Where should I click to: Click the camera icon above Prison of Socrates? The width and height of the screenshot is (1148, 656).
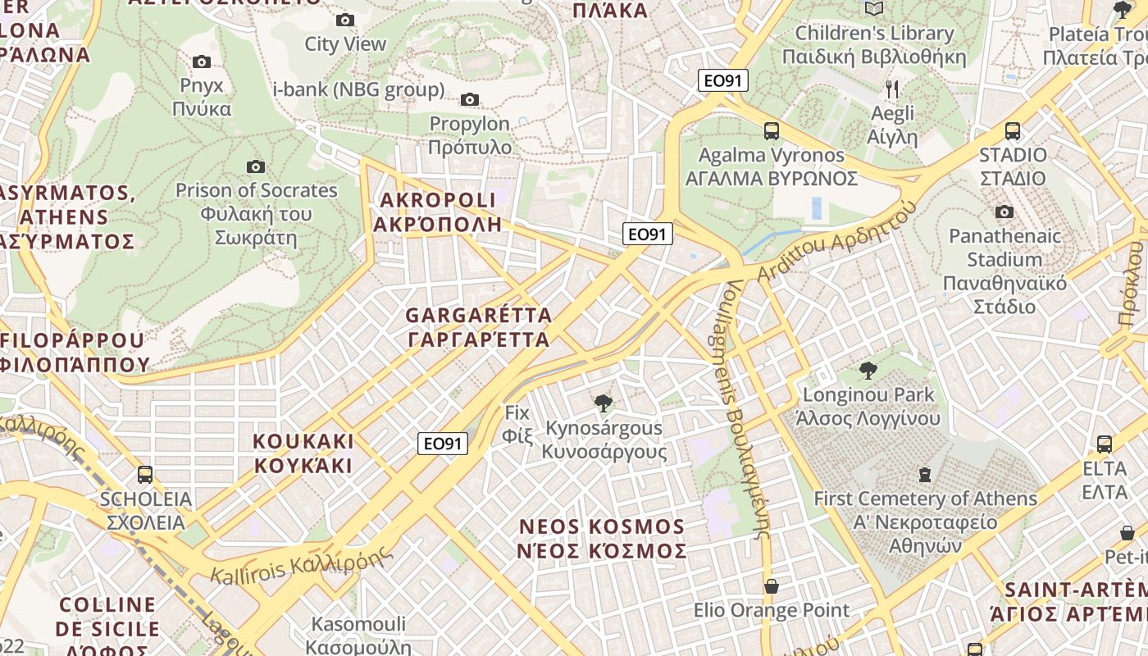256,166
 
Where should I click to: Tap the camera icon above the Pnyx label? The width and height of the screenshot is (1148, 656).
201,61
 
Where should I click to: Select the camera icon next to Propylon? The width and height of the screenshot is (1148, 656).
469,100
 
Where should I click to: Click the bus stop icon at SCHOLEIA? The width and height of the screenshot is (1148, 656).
145,474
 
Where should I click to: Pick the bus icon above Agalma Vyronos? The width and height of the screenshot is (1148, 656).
771,130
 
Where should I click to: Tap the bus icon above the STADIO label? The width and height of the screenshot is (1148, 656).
1013,130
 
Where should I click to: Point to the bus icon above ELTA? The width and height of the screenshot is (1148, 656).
1105,444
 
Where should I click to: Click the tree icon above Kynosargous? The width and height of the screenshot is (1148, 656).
604,403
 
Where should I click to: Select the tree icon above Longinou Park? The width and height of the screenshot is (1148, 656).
868,370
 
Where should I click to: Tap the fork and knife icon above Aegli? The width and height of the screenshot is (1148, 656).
893,89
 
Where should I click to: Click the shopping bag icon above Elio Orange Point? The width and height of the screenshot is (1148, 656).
771,586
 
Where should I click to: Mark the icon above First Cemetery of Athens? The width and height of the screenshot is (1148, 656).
925,474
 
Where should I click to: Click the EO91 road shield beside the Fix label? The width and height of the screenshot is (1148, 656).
442,444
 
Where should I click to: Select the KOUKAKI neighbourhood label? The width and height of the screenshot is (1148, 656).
303,453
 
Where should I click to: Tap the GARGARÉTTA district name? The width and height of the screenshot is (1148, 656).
478,327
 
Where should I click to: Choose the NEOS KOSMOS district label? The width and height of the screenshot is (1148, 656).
601,538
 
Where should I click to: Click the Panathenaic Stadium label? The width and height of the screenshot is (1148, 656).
1004,271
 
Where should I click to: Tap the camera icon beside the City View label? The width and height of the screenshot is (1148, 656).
345,20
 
